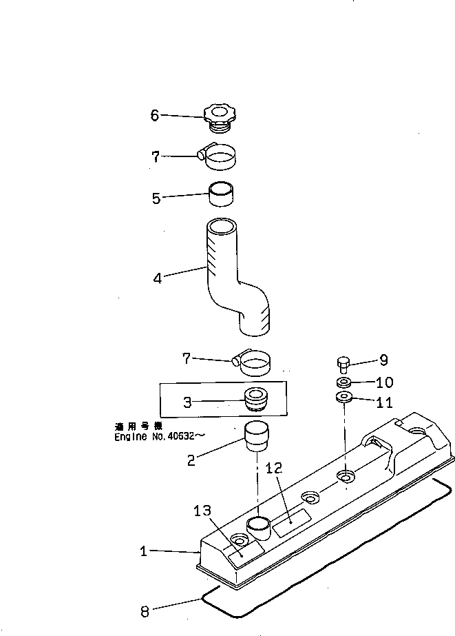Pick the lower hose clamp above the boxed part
252,362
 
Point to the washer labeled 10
343,382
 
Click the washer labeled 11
343,398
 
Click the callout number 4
157,279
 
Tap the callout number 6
156,115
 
